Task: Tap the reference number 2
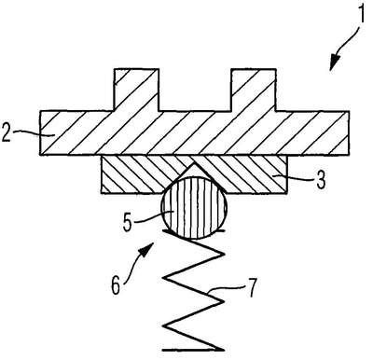[6, 132]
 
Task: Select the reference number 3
[321, 180]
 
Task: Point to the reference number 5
[128, 222]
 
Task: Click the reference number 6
[116, 285]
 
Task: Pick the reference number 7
[252, 288]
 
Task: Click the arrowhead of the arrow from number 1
[334, 62]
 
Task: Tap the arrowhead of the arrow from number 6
[147, 249]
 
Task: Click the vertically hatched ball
[194, 207]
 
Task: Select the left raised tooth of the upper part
[136, 90]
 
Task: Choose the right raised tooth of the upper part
[253, 90]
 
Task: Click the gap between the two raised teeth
[195, 90]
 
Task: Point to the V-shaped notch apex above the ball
[194, 162]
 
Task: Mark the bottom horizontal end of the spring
[193, 350]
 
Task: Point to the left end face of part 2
[40, 132]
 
